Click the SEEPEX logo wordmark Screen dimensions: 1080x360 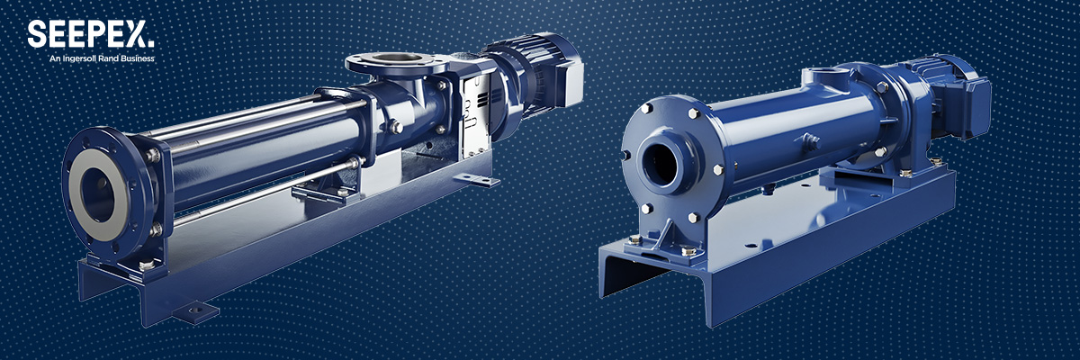click(91, 35)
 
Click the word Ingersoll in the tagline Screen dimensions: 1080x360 click(78, 58)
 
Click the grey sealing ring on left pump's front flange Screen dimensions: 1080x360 click(99, 194)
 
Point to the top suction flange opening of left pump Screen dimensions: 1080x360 click(398, 58)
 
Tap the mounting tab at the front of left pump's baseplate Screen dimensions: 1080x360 click(196, 311)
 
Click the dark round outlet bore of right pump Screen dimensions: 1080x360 click(661, 164)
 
